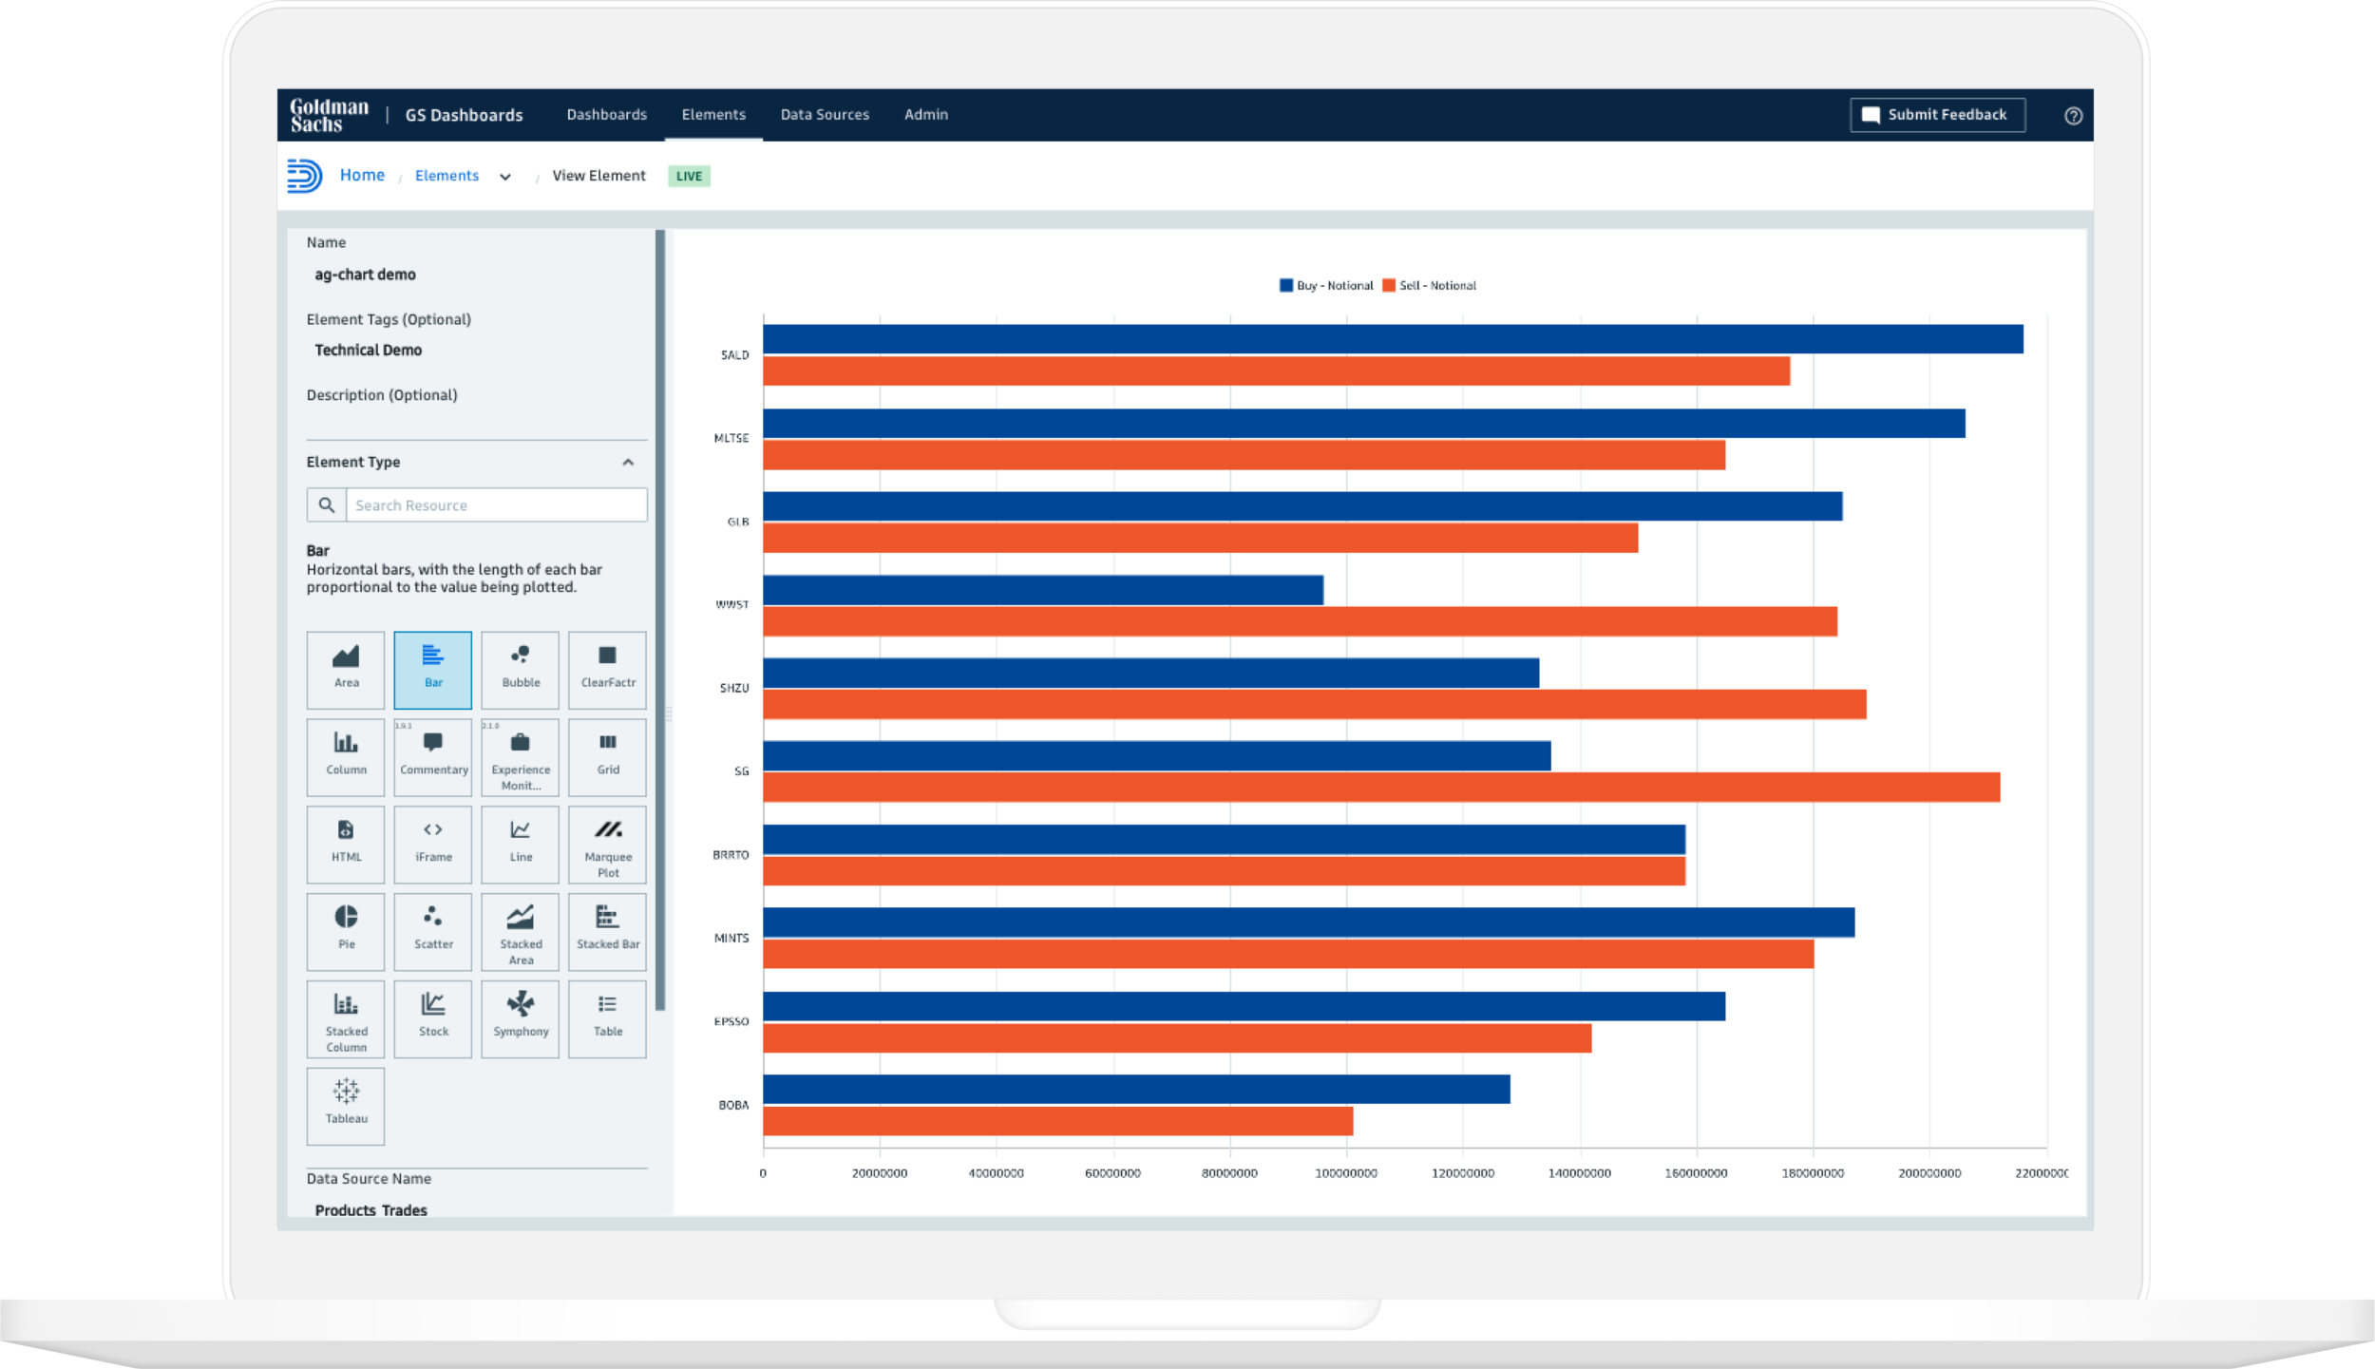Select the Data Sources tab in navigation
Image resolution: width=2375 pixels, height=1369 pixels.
[824, 115]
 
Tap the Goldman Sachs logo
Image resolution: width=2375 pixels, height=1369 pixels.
[329, 115]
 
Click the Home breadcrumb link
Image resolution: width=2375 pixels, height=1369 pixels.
[362, 176]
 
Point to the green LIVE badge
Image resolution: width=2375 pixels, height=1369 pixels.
[689, 177]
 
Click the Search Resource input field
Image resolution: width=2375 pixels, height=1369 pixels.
[495, 505]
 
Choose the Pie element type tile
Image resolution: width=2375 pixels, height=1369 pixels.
[346, 929]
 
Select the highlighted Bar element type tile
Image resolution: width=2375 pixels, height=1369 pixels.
[433, 669]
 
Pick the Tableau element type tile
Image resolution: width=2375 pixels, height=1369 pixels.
[346, 1104]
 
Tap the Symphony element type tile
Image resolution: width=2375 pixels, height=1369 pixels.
[521, 1017]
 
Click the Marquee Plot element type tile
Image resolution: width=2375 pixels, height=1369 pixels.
[608, 843]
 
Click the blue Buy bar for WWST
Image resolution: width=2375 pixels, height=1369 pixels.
[1042, 590]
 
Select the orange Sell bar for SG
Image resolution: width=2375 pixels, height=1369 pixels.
[1380, 788]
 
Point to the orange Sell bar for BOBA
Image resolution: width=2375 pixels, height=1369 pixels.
[1057, 1121]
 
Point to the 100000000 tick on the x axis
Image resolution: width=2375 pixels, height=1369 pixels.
[1345, 1173]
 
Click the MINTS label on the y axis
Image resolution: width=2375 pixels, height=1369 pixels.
[731, 938]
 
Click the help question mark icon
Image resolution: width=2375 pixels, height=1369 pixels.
[2073, 116]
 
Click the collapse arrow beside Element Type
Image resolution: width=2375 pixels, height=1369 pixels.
[628, 463]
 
